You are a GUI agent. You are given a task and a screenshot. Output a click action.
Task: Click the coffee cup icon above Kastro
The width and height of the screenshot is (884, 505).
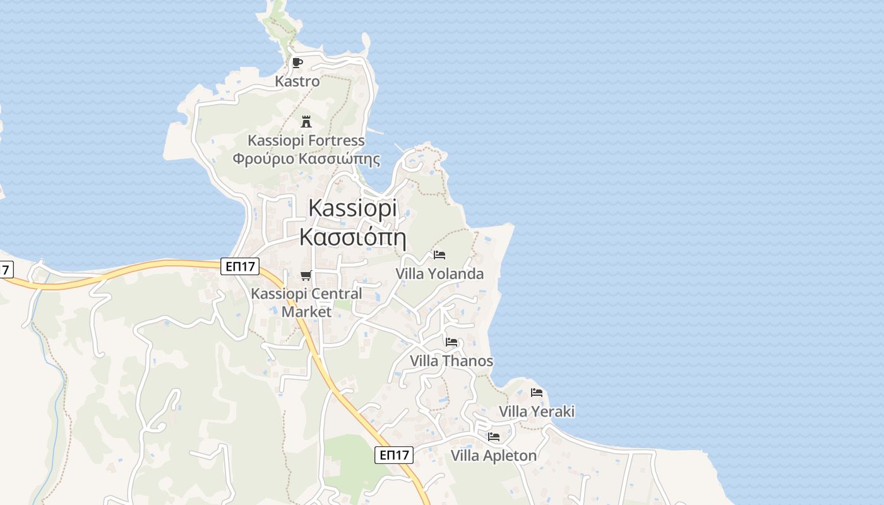[x=297, y=62]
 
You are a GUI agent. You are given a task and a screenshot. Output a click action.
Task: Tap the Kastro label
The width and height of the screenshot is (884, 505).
[x=297, y=81]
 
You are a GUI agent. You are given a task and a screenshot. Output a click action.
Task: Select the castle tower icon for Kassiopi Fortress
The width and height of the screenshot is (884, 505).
[x=306, y=121]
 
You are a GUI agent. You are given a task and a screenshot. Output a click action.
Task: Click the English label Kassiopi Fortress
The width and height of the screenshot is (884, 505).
[x=306, y=140]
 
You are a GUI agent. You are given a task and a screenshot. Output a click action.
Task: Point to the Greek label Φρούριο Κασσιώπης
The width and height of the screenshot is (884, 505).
[x=306, y=158]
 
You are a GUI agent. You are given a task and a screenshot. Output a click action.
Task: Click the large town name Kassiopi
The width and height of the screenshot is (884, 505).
[x=353, y=208]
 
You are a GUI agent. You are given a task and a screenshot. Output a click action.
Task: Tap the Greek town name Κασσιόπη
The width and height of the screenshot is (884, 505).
[x=352, y=237]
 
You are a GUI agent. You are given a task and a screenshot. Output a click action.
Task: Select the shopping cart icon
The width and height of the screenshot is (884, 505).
[x=306, y=275]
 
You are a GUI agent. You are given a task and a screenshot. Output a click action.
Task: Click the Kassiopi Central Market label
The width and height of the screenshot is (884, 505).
[x=306, y=294]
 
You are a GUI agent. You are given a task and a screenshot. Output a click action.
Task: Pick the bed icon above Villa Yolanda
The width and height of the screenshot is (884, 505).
[x=439, y=255]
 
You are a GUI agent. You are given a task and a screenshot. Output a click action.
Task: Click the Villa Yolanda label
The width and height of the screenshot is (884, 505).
[x=439, y=274]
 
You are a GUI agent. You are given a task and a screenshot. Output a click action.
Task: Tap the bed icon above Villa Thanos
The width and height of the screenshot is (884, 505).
[x=451, y=342]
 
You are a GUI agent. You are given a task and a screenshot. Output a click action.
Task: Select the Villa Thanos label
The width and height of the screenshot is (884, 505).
[x=451, y=361]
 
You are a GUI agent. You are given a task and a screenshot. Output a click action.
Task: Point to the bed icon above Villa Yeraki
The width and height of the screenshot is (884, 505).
[x=537, y=393]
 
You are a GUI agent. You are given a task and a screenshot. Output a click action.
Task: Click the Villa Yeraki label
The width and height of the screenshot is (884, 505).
[x=537, y=412]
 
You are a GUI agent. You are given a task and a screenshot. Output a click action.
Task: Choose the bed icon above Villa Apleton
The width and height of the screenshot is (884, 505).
[x=494, y=436]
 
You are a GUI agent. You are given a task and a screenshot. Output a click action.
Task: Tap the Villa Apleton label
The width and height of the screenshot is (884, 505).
[x=494, y=455]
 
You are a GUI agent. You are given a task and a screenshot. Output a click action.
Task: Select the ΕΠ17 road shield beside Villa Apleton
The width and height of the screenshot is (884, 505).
[x=394, y=454]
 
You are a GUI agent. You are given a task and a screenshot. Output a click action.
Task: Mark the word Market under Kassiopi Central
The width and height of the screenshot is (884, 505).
[x=306, y=312]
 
